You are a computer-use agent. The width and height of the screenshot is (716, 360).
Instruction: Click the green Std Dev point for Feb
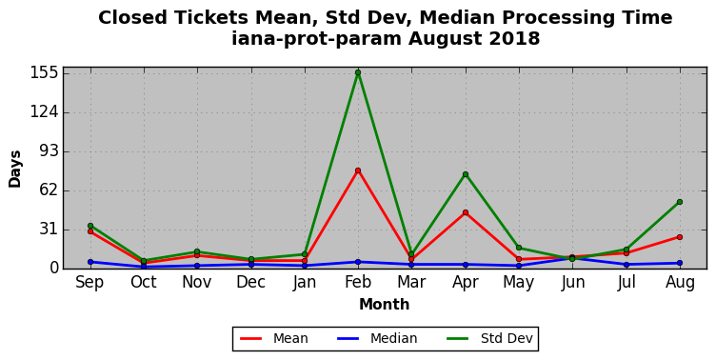point(358,72)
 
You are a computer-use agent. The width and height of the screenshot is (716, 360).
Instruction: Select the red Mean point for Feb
point(358,170)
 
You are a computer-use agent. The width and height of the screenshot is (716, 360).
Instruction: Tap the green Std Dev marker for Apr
point(466,174)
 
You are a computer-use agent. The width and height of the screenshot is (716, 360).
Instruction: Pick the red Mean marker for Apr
point(466,212)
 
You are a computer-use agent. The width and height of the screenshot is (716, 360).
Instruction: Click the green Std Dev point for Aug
point(680,202)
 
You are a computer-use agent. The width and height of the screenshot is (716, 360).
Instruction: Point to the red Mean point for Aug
point(680,237)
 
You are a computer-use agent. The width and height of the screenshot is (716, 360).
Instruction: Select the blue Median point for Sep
point(90,262)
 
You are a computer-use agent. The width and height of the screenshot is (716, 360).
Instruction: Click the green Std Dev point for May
point(519,248)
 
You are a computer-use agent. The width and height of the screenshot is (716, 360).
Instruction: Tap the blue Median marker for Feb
point(358,262)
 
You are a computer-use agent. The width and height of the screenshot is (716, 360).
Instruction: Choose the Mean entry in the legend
point(274,338)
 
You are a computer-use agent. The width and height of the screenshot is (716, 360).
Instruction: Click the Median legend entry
point(377,338)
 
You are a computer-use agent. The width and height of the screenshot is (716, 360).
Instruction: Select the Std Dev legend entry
point(489,338)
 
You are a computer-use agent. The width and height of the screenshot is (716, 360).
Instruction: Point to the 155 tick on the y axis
point(45,72)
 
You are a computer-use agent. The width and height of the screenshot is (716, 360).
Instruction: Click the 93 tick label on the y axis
point(50,151)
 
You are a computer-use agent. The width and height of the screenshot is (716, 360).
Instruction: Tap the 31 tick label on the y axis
point(50,230)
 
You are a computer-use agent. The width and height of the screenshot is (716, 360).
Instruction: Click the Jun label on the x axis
point(572,282)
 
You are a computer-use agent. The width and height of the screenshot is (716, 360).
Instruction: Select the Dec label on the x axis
point(250,282)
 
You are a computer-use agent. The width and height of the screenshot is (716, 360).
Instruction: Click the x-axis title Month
point(384,304)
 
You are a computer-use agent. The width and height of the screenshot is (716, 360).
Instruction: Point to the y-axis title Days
point(14,169)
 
